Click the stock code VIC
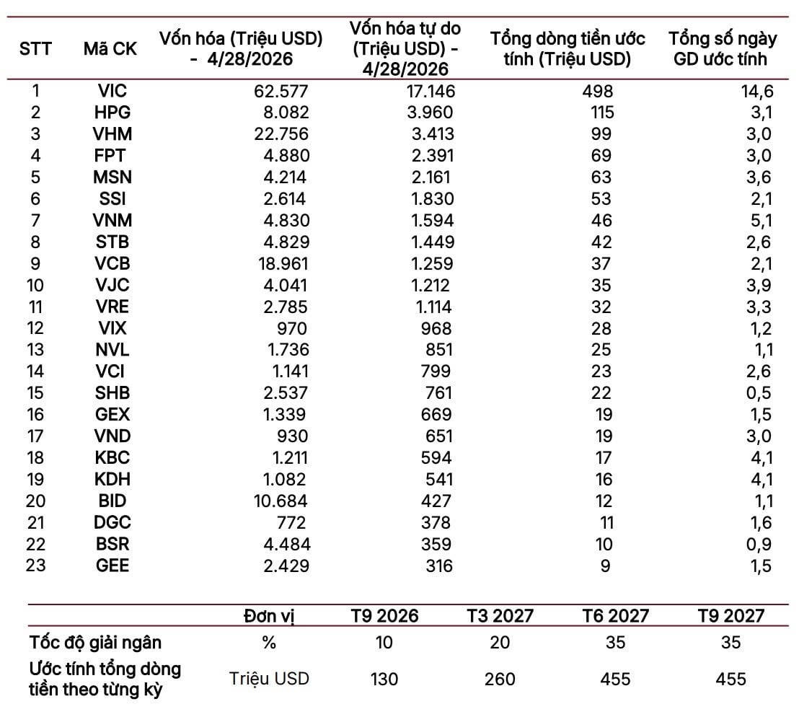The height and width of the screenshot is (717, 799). coord(112,91)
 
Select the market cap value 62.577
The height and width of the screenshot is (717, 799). coord(281,91)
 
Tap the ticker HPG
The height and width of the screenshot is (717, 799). coord(112,112)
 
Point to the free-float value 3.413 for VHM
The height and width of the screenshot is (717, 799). coord(433,134)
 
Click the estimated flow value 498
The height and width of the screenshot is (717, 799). coord(598,91)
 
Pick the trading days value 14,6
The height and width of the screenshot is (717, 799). coord(757,91)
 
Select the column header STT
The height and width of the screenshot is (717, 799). coord(35,49)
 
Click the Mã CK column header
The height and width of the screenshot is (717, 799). coord(110,49)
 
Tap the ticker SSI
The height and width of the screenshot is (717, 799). coord(112,199)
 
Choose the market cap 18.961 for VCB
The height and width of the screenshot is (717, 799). coord(283,263)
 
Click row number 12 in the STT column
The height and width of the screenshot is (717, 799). coord(35,328)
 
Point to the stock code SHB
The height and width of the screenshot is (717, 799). coord(112,393)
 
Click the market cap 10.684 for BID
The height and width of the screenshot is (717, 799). coord(281,501)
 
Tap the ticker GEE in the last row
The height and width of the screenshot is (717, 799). coord(112,566)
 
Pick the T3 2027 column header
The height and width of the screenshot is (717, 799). coord(500,616)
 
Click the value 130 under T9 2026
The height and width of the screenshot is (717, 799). coord(384,679)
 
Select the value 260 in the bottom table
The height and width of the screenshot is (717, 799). coord(500,679)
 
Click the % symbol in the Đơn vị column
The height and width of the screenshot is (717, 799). coord(268,643)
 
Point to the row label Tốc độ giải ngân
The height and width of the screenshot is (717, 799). coord(95,643)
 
